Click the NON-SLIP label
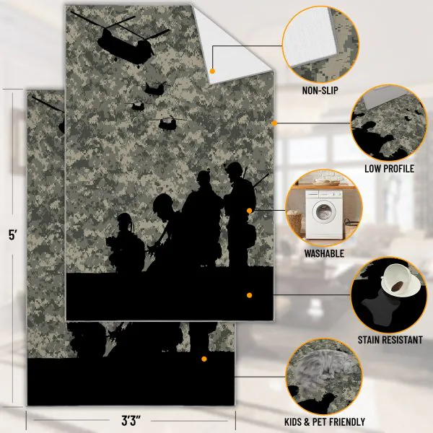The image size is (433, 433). tap(320, 91)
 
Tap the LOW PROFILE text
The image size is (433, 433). tap(390, 169)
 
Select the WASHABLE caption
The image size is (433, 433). tap(324, 253)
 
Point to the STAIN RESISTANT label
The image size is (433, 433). tap(390, 340)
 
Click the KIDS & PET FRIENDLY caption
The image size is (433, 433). tap(325, 422)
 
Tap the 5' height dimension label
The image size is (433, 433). tap(13, 235)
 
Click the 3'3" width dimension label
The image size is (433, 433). tap(131, 421)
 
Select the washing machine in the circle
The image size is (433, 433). tap(324, 214)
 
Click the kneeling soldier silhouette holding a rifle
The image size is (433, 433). tap(126, 243)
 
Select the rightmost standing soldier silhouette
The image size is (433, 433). tap(240, 214)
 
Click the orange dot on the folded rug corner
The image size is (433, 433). tap(212, 71)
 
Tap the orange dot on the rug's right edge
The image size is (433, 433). tap(274, 123)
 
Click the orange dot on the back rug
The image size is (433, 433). tap(204, 359)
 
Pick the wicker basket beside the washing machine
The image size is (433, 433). tap(294, 224)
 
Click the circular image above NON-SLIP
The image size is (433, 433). tap(320, 45)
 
